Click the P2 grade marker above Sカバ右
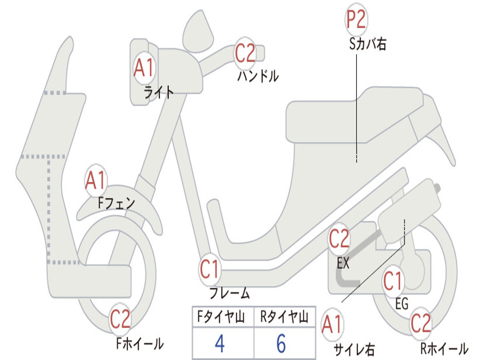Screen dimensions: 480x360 coord(356,20)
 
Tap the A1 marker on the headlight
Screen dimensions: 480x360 coord(143,68)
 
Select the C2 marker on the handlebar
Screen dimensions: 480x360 coord(245,52)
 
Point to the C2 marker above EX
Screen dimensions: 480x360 coord(339,240)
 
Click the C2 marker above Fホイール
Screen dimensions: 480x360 coord(120,320)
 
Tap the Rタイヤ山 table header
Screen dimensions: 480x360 coord(284,318)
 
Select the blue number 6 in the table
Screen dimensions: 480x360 coord(281,344)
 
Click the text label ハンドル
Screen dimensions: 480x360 coord(258,76)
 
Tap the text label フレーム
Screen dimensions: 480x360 coord(229,294)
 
